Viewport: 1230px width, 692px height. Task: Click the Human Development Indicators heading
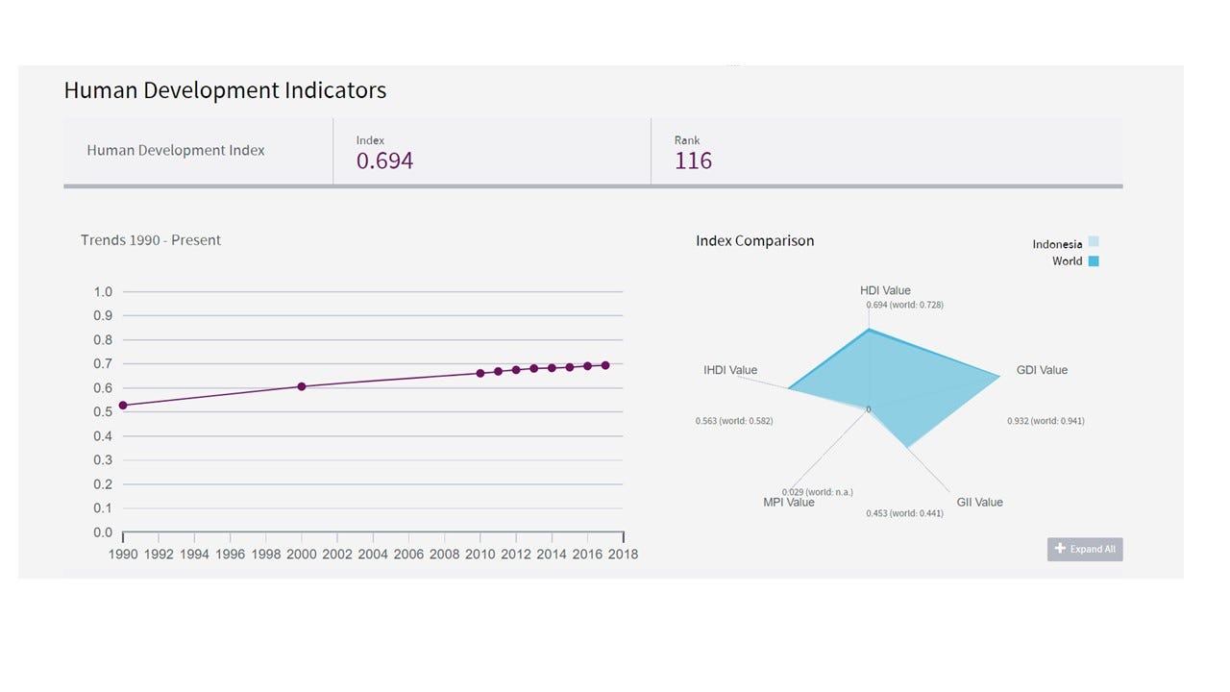[x=225, y=91]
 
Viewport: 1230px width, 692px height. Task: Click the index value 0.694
[x=384, y=161]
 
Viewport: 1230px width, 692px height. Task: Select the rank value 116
[x=693, y=161]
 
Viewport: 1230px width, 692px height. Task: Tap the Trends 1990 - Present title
[x=151, y=240]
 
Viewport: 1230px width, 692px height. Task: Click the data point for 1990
[x=123, y=406]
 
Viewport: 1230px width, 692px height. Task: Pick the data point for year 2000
[x=302, y=386]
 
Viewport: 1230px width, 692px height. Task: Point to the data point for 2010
[x=480, y=373]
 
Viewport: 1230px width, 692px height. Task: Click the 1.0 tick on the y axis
[x=103, y=292]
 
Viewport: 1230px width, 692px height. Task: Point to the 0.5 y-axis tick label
[x=103, y=412]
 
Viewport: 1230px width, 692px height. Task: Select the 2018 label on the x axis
[x=623, y=555]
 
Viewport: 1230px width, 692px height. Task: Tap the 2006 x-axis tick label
[x=408, y=555]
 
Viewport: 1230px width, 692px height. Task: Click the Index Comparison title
[x=754, y=241]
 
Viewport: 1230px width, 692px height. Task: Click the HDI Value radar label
[x=885, y=290]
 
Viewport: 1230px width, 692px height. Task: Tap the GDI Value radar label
[x=1042, y=370]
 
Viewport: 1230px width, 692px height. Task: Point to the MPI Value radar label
[x=788, y=503]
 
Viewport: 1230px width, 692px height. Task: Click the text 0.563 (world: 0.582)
[x=733, y=421]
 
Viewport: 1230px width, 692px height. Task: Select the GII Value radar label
[x=979, y=503]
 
